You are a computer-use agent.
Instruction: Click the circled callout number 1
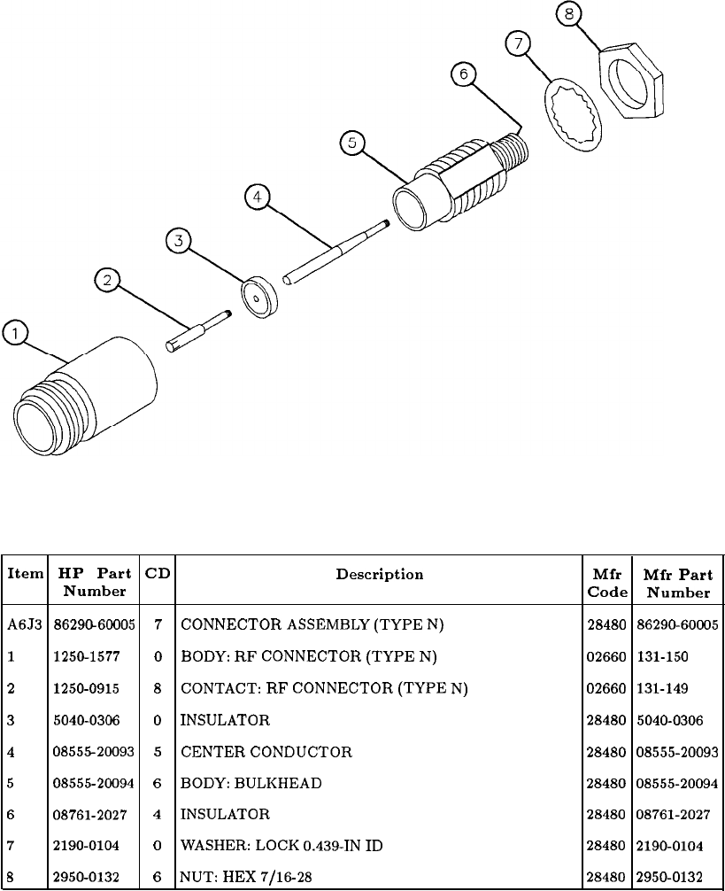click(x=14, y=334)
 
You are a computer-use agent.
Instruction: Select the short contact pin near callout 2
click(x=199, y=329)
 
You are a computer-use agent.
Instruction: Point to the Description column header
click(x=379, y=575)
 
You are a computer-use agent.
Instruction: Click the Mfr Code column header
click(x=607, y=583)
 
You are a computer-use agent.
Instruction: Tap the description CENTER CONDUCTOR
click(x=266, y=752)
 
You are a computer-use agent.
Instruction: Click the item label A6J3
click(x=19, y=624)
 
